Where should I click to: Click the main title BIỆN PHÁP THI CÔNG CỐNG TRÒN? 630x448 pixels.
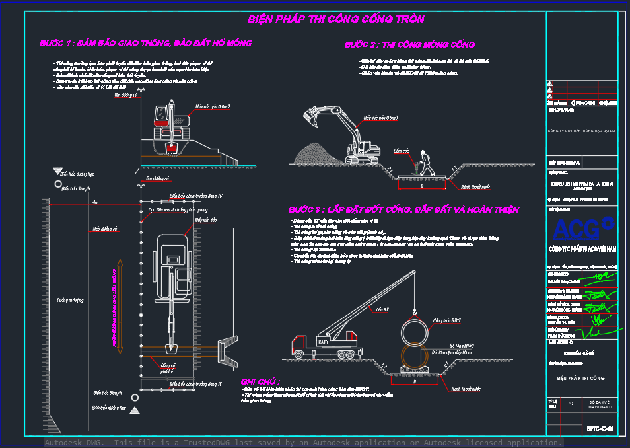(335, 20)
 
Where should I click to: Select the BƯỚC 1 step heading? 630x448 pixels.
(145, 44)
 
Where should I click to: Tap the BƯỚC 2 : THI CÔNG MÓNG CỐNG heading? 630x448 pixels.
(409, 45)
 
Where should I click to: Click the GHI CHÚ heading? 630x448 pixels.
(260, 381)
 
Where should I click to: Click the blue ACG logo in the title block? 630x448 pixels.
(583, 229)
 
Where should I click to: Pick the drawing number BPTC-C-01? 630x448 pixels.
(600, 429)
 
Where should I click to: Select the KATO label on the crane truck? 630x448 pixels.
(323, 342)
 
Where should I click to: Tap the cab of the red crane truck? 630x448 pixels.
(300, 344)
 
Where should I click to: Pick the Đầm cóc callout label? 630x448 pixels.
(401, 151)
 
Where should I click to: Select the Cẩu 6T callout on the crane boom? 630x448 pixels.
(382, 309)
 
